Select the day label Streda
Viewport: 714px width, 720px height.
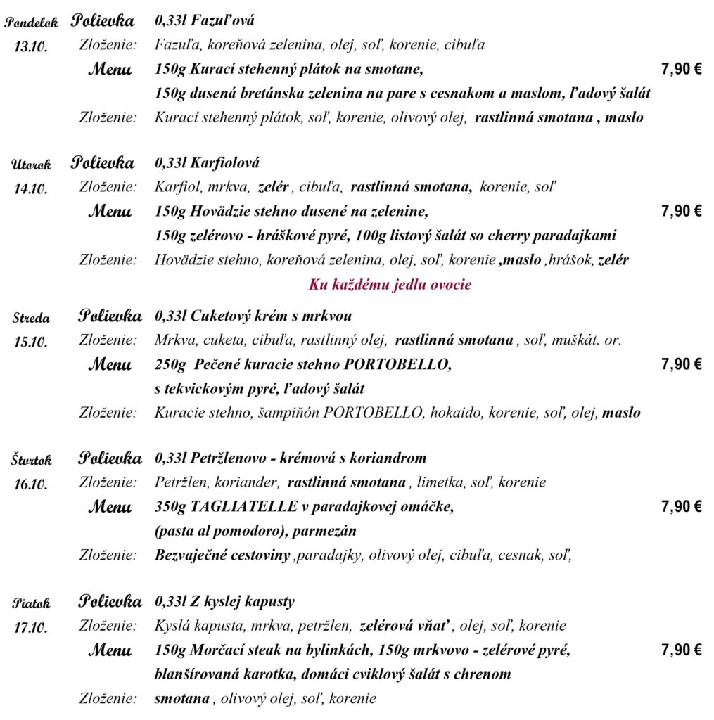(x=31, y=318)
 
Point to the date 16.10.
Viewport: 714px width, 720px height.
(x=31, y=484)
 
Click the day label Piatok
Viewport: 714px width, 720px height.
(x=32, y=603)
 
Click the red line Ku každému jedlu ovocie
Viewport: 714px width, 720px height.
(x=390, y=285)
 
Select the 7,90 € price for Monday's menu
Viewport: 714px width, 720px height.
(x=681, y=69)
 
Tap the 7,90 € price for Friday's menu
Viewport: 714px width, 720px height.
(x=681, y=650)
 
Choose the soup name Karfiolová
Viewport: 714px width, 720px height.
(x=225, y=163)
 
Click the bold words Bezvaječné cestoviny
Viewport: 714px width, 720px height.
(x=222, y=555)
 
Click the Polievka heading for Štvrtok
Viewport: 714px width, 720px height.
(x=110, y=458)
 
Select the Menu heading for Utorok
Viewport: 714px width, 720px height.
(x=110, y=211)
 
